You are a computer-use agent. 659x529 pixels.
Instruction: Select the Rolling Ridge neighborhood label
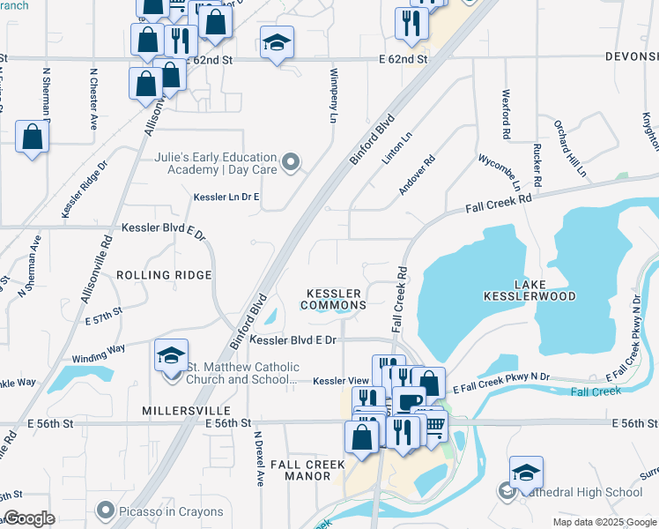pyautogui.click(x=164, y=275)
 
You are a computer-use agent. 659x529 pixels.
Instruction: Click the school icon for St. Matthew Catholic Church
pyautogui.click(x=171, y=356)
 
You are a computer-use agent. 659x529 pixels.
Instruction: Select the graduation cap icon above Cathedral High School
pyautogui.click(x=526, y=473)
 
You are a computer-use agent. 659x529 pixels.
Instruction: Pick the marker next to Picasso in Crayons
pyautogui.click(x=107, y=510)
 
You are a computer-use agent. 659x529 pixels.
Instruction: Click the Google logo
pyautogui.click(x=29, y=518)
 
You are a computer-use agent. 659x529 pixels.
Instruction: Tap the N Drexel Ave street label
pyautogui.click(x=259, y=459)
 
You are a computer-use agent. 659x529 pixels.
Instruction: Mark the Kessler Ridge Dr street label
pyautogui.click(x=85, y=189)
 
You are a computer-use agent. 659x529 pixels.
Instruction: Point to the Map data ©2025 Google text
pyautogui.click(x=604, y=522)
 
